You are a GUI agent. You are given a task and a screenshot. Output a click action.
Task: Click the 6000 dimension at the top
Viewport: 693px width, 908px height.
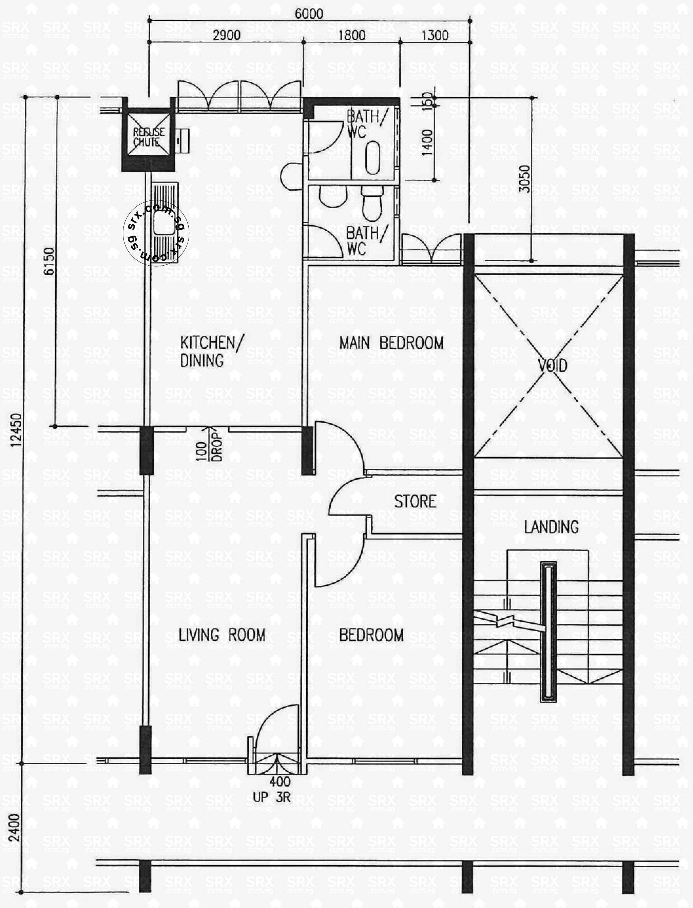click(x=309, y=14)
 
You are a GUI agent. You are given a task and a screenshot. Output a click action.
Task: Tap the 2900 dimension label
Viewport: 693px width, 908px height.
click(x=227, y=35)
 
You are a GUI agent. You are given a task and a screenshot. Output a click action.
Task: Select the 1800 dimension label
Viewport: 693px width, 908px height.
click(x=351, y=35)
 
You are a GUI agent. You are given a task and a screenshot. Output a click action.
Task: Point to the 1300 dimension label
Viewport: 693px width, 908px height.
click(x=435, y=35)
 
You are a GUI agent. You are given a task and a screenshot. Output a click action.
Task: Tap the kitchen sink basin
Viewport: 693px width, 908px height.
click(x=165, y=225)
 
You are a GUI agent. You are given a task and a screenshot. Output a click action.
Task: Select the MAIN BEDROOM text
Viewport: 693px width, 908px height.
click(x=391, y=343)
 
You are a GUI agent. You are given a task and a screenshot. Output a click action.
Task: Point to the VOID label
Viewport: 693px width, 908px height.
click(x=552, y=365)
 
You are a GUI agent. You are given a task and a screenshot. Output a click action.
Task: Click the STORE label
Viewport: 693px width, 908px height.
click(x=415, y=501)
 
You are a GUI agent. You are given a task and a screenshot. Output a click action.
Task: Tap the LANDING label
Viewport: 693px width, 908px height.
click(x=551, y=527)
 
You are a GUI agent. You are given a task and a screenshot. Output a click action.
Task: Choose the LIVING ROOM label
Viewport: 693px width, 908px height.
click(x=222, y=635)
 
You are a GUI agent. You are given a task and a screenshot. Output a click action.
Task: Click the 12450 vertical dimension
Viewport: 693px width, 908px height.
click(x=16, y=430)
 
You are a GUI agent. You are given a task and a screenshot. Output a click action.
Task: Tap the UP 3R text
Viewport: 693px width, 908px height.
click(x=271, y=797)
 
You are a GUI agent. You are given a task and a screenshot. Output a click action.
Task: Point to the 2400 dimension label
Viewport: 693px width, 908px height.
click(x=14, y=828)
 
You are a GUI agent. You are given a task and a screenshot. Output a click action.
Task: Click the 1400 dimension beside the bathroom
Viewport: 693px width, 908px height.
click(x=427, y=142)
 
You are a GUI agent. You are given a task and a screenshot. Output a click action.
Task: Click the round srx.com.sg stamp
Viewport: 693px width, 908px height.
click(x=156, y=233)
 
